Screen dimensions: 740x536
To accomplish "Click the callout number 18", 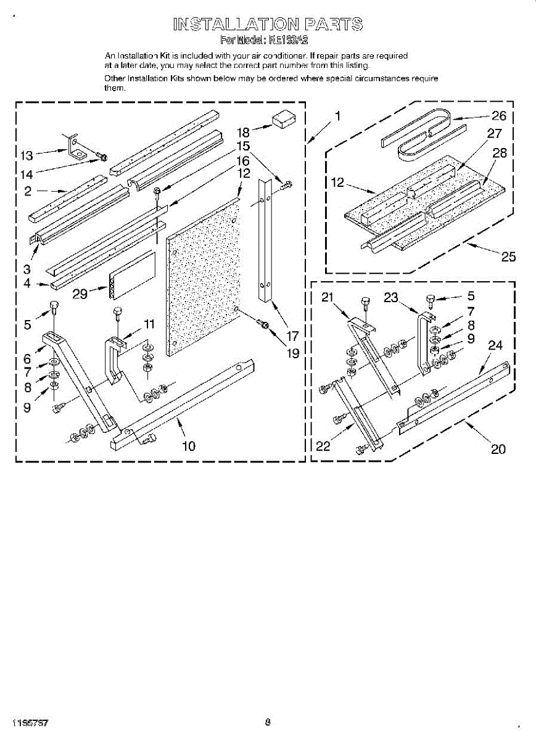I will coord(243,132).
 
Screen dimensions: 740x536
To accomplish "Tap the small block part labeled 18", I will coord(284,119).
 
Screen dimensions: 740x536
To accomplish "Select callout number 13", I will coord(27,155).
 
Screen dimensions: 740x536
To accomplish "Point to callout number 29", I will coord(80,294).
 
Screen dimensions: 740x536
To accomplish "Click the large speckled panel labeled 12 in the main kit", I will coord(202,277).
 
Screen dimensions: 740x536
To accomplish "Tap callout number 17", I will coord(292,337).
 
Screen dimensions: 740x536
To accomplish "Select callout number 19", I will coord(292,353).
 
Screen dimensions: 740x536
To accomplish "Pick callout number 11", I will coord(149,324).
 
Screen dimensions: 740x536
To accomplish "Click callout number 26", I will coord(498,116).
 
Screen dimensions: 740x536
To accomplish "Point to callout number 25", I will coord(508,257).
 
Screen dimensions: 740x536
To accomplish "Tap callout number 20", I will coord(498,449).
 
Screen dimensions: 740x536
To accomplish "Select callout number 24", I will coord(495,345).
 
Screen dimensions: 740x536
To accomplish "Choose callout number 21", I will coord(328,297).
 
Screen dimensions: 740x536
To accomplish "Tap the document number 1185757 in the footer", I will coord(30,721).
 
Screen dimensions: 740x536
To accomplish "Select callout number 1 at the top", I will coord(337,115).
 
